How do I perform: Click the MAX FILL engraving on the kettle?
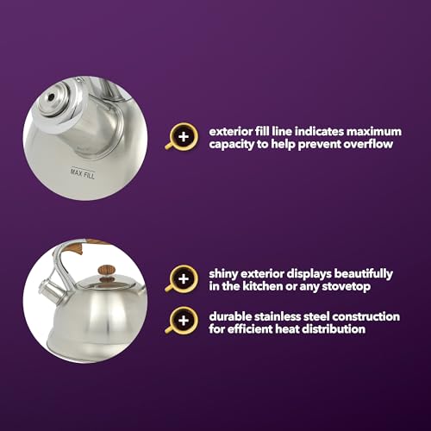tap(83, 173)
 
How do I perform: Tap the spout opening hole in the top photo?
tap(51, 97)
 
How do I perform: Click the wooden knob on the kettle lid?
tap(107, 271)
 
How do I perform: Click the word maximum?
tap(374, 132)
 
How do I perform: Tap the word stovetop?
tap(346, 287)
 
